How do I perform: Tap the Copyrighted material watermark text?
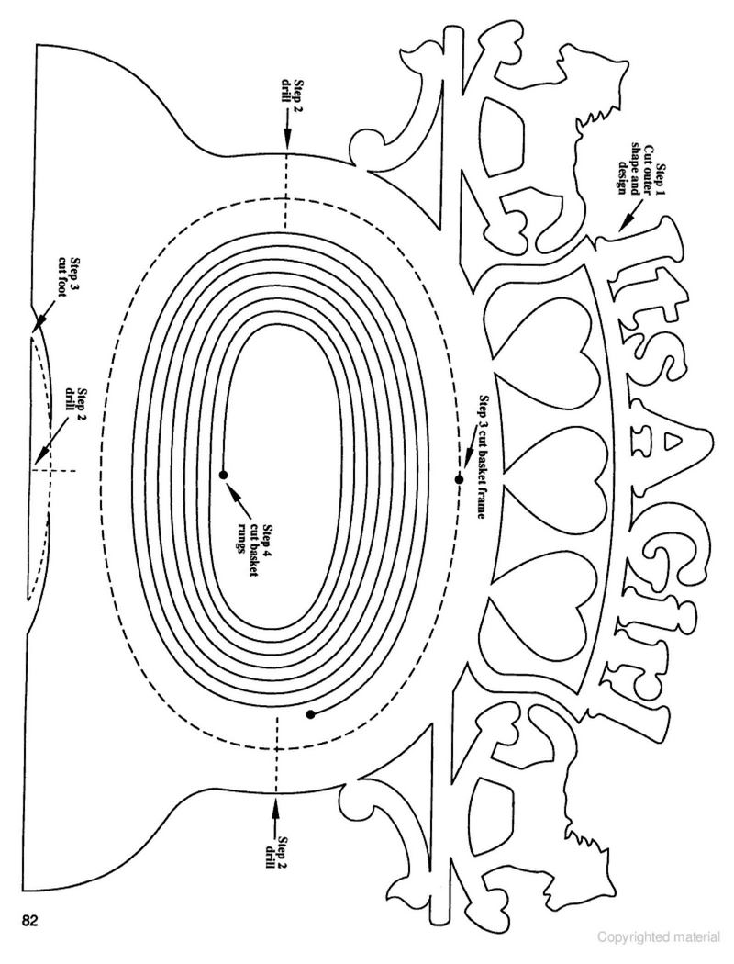(659, 937)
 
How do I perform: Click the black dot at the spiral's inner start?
(223, 475)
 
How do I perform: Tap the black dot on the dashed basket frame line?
(458, 479)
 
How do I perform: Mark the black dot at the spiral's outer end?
(311, 713)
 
